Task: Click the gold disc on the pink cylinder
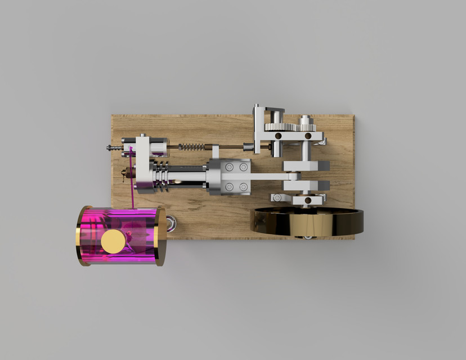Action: point(113,241)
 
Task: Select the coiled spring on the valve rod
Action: point(192,147)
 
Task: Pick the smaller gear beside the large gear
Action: point(304,121)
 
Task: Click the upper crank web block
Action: point(306,166)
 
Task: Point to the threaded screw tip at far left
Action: point(111,148)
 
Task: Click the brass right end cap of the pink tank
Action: point(160,236)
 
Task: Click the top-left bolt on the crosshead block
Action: point(229,167)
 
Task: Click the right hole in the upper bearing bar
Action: point(308,136)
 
